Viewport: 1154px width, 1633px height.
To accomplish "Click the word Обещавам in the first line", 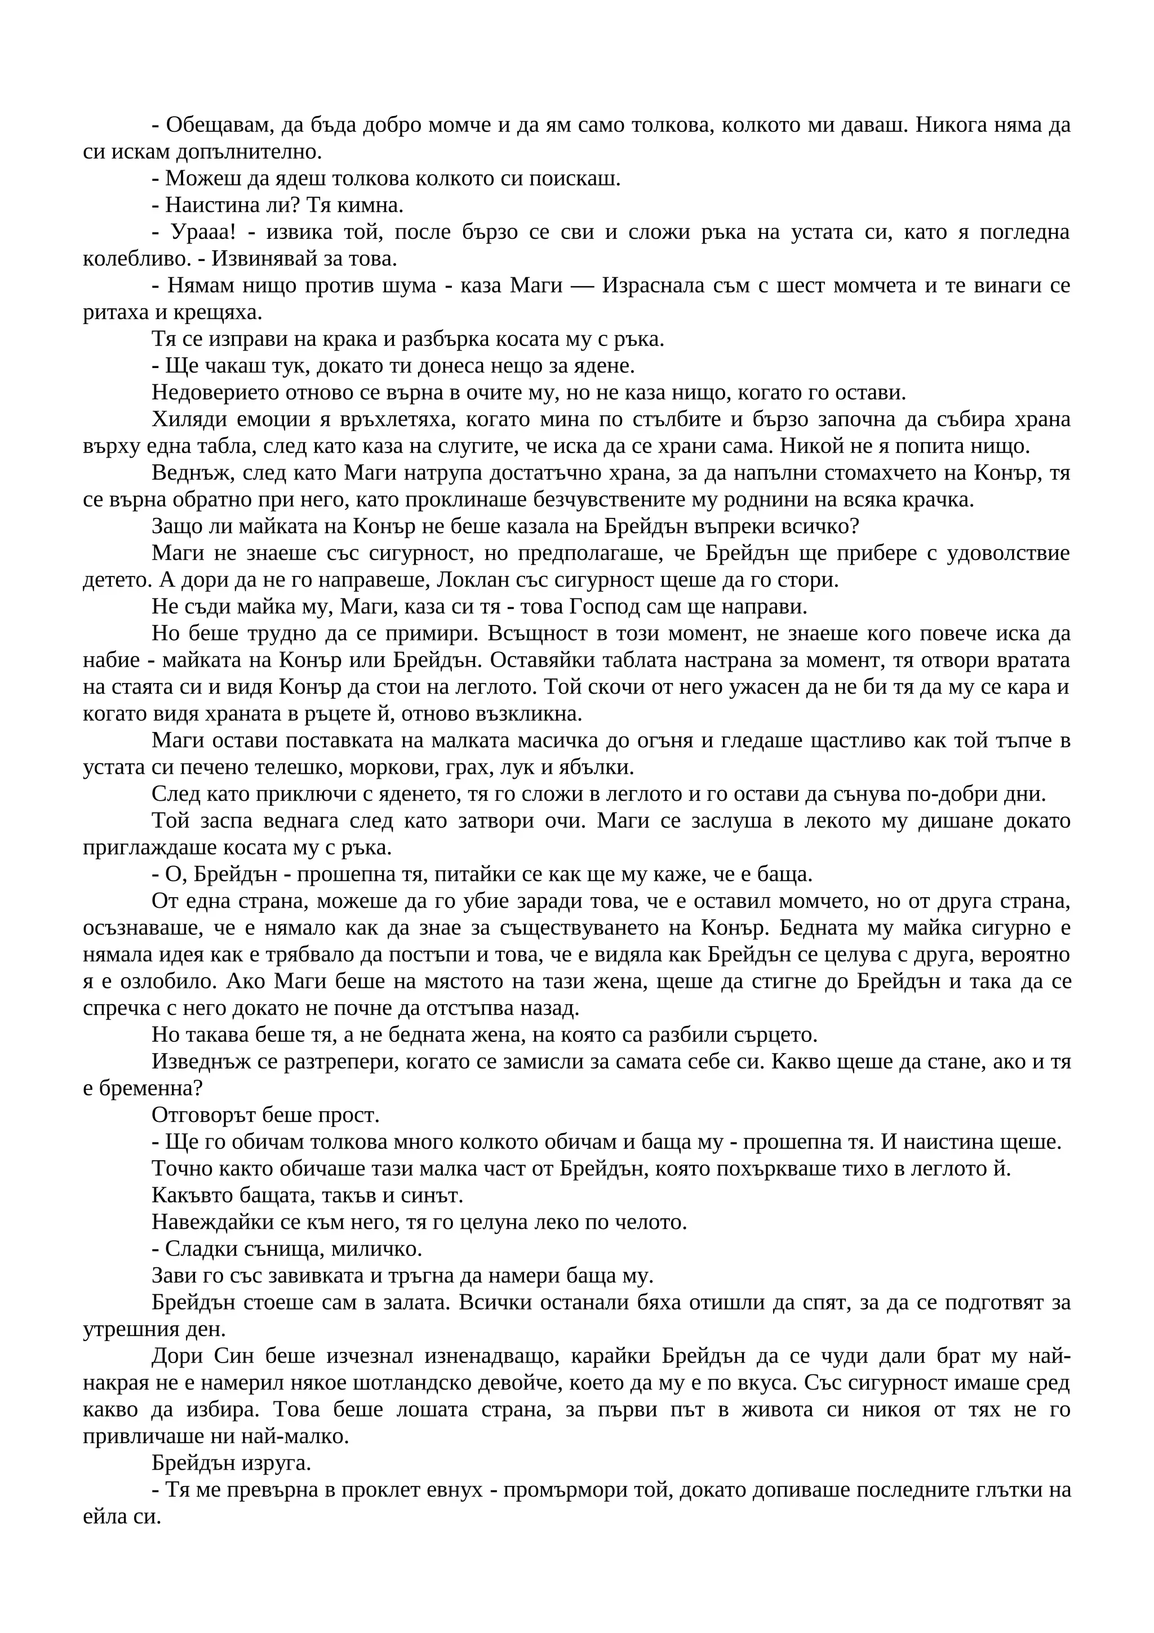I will tap(218, 125).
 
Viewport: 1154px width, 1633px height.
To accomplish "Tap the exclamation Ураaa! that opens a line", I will tap(201, 233).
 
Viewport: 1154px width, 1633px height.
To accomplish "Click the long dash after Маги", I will tap(582, 286).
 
